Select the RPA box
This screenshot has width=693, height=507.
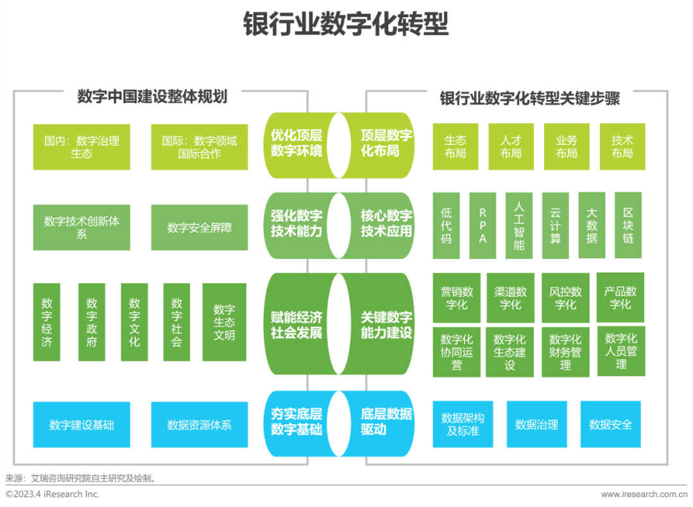click(x=483, y=226)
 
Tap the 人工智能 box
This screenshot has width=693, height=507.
click(x=518, y=226)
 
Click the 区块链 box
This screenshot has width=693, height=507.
click(x=628, y=226)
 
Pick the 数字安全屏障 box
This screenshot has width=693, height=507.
click(x=199, y=228)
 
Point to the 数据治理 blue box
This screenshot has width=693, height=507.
click(x=536, y=424)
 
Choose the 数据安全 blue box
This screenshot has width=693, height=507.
click(x=610, y=424)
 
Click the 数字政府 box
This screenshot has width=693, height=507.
click(x=92, y=322)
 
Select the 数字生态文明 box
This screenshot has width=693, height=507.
click(x=224, y=322)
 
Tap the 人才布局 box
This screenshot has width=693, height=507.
click(x=511, y=147)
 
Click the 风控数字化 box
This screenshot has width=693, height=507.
click(x=565, y=298)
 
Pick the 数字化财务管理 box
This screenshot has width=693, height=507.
click(x=565, y=352)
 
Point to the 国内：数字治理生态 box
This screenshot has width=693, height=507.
click(x=81, y=147)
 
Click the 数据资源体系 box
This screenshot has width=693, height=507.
click(x=199, y=424)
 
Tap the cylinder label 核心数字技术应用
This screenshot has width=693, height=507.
click(x=386, y=223)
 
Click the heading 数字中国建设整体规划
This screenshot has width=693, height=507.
click(x=152, y=97)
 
